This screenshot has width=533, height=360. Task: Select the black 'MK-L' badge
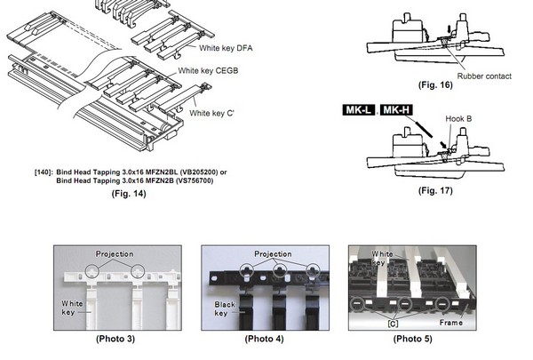click(x=359, y=110)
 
